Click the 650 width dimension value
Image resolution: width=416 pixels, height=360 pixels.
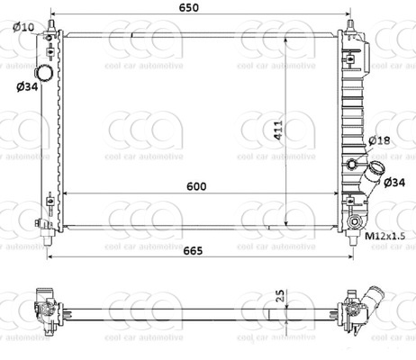coord(201,8)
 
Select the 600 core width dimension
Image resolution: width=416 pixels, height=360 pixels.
coord(197,186)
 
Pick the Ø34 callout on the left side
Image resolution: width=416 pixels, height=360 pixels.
coord(25,86)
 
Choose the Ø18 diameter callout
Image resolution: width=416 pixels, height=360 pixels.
coord(379,140)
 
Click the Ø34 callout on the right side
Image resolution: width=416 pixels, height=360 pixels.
coord(393,183)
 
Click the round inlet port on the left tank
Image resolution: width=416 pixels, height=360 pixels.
coord(43,72)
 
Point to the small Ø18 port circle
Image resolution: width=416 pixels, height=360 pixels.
coord(351,164)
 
